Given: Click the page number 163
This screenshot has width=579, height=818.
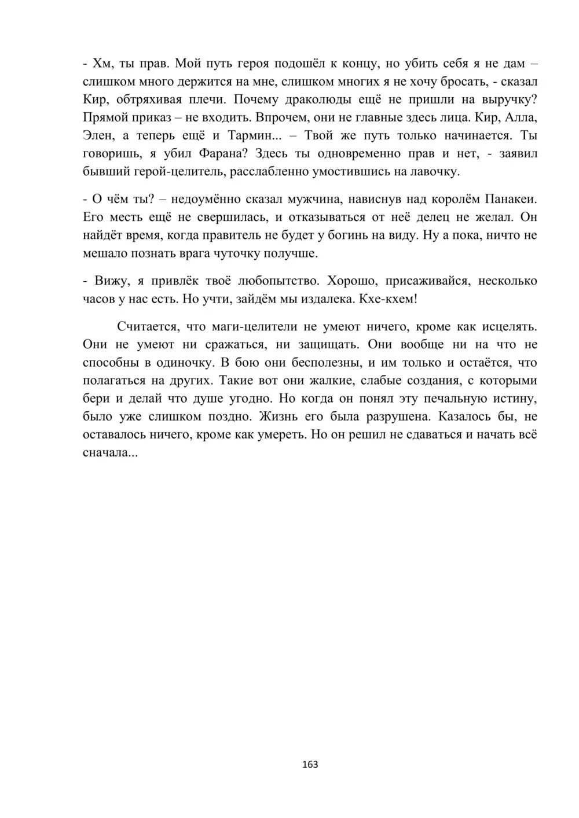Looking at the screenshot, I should (310, 764).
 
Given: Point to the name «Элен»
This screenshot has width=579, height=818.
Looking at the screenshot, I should (99, 136).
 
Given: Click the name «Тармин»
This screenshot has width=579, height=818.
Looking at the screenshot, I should (252, 136).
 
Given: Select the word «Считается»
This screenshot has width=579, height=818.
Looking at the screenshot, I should (148, 326).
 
